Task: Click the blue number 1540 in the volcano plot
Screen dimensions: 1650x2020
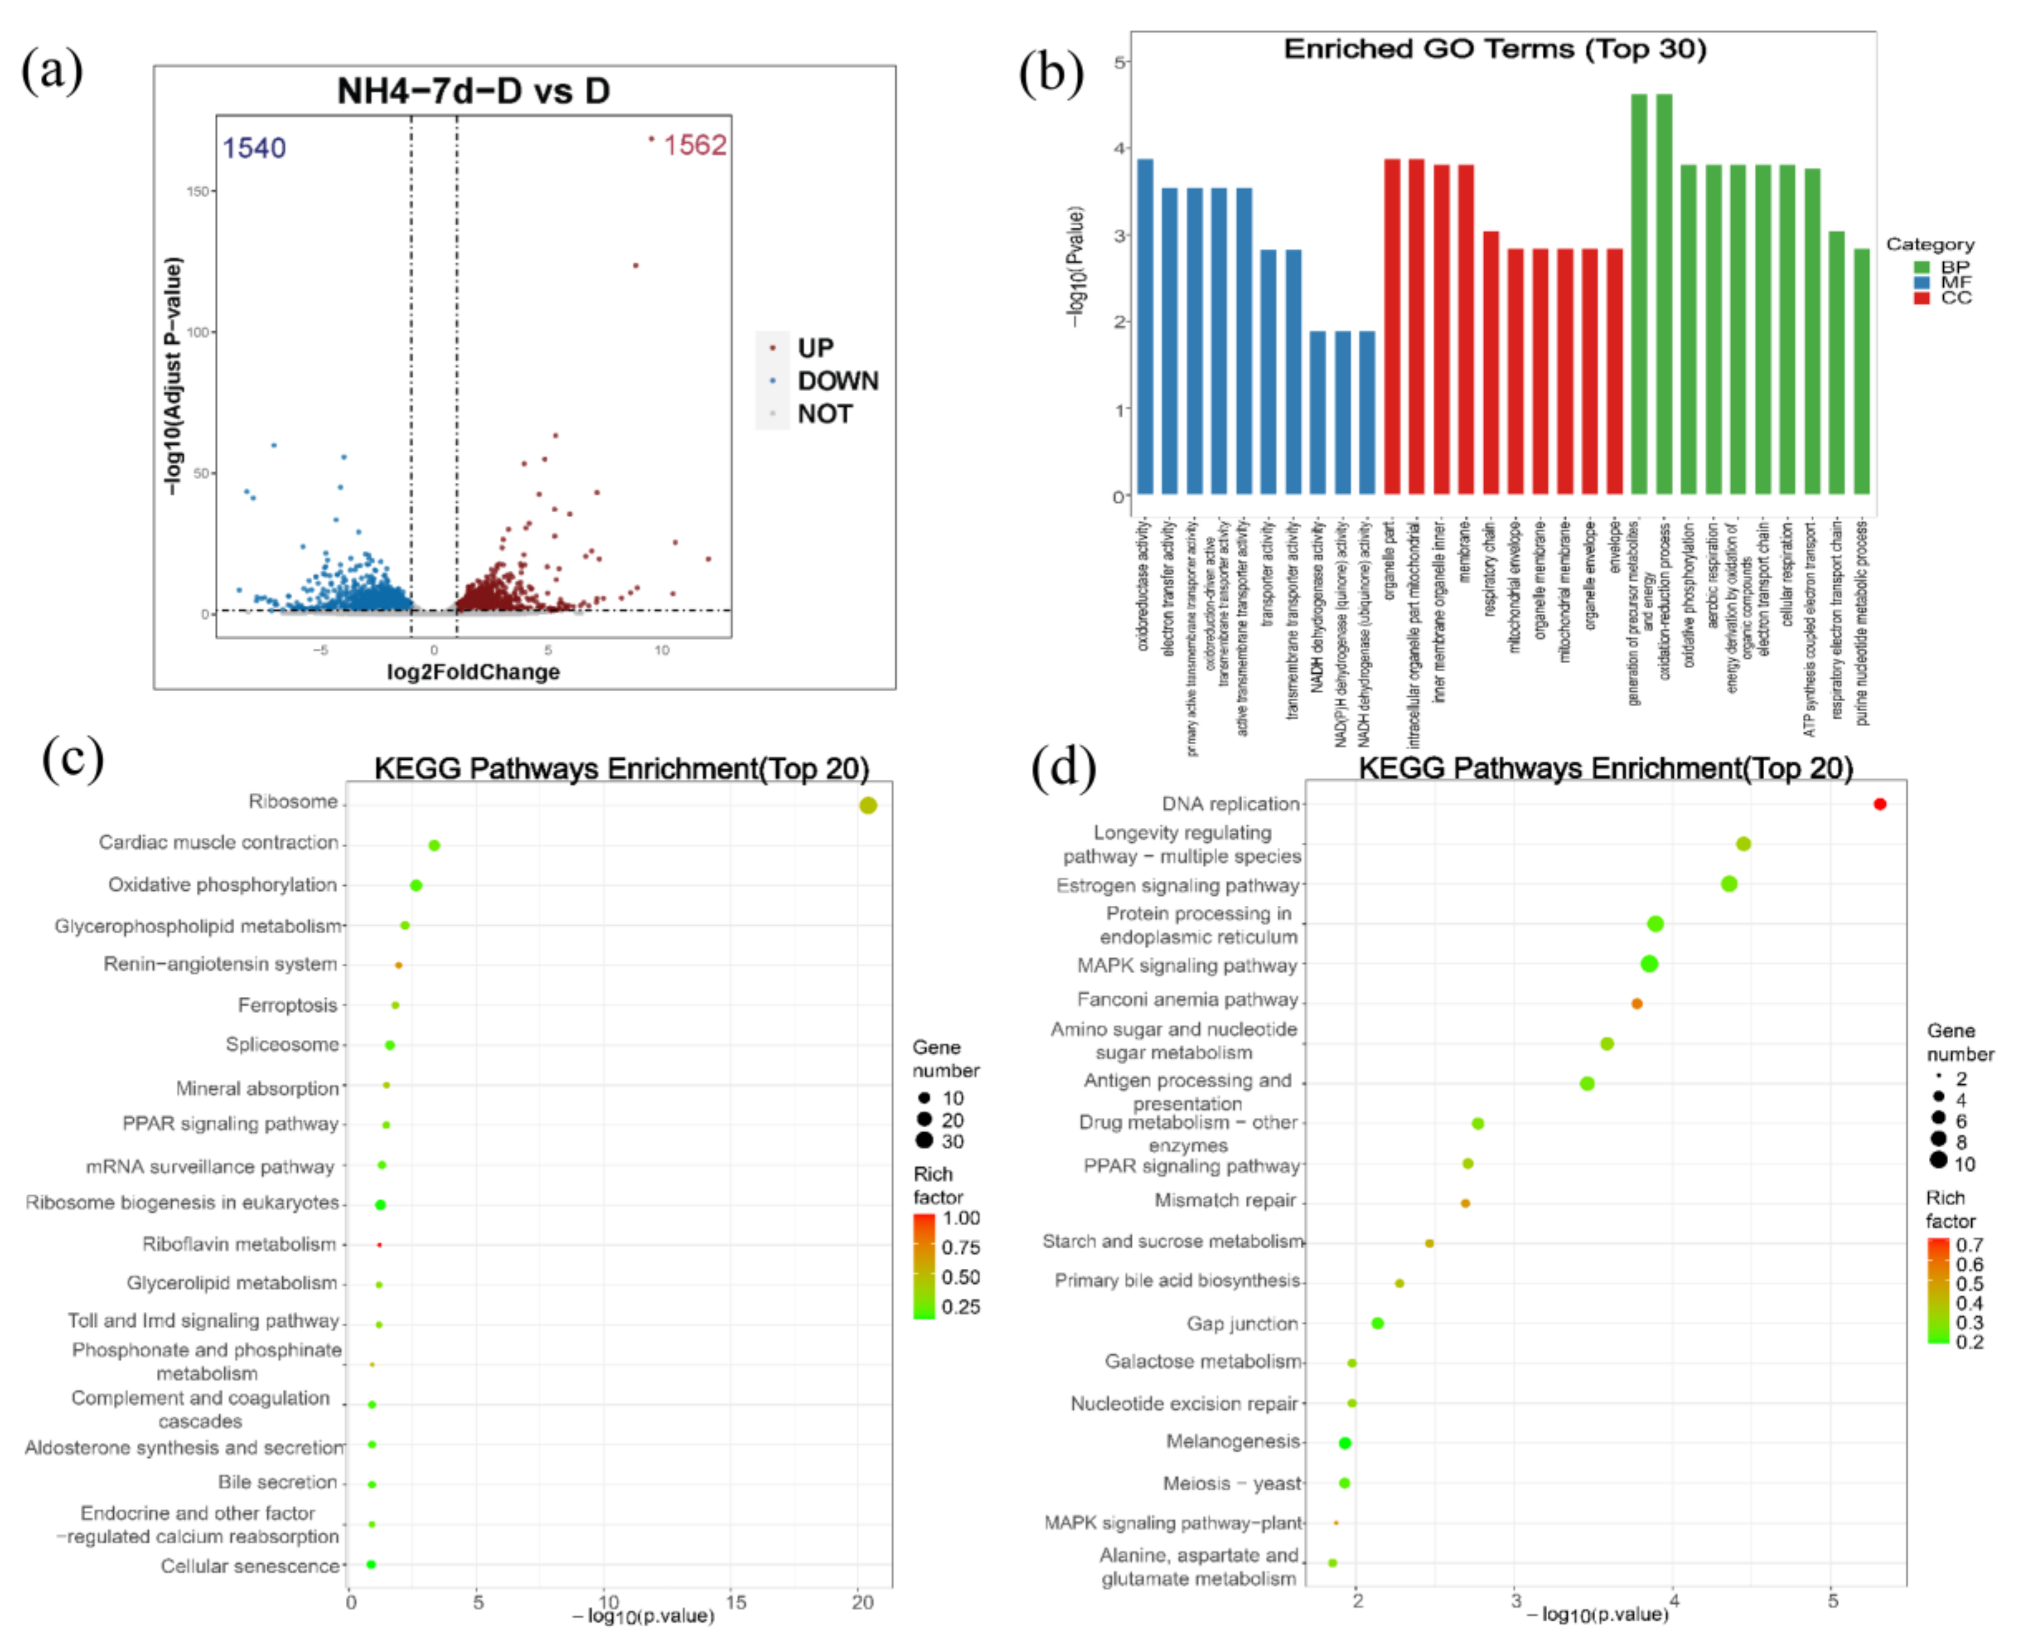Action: tap(254, 148)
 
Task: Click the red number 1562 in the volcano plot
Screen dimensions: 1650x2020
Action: tap(694, 145)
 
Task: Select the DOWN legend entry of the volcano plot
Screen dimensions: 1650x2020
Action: tap(837, 381)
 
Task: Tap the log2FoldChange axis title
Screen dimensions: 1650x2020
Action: tap(473, 672)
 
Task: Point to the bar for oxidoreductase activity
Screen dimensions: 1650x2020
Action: tap(1145, 327)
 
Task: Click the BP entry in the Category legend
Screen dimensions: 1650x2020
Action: tap(1954, 267)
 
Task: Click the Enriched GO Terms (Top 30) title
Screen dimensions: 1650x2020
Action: tap(1495, 49)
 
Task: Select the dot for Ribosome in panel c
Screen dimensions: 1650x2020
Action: tap(867, 805)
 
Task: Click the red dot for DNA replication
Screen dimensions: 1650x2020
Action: tap(1879, 804)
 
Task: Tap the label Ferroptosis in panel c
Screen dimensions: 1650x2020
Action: tap(287, 1005)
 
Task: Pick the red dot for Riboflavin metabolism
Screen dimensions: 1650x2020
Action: tap(379, 1244)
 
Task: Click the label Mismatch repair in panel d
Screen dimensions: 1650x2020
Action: tap(1225, 1200)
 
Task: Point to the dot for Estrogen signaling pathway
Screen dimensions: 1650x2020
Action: tap(1728, 884)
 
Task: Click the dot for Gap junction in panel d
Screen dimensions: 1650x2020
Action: tap(1376, 1323)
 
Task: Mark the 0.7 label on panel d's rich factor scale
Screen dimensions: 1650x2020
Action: tap(1969, 1245)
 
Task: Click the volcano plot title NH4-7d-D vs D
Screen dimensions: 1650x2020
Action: tap(473, 91)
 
